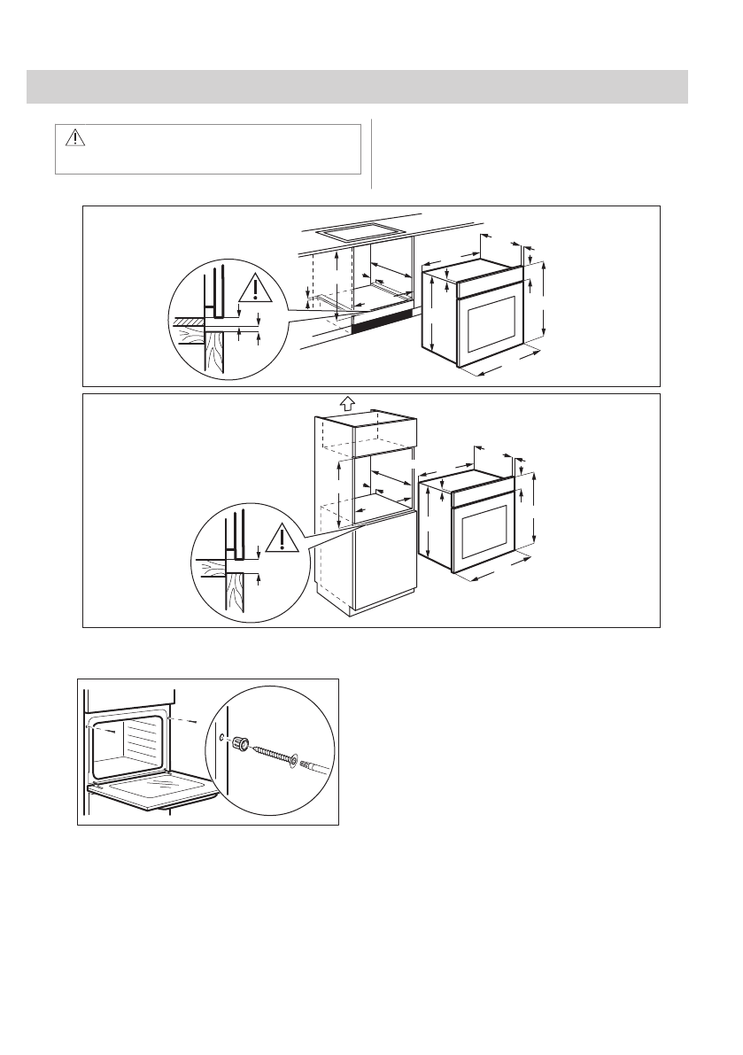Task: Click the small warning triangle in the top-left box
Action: tap(74, 137)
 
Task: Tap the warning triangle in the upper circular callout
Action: tap(255, 290)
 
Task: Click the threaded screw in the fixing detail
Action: tap(274, 756)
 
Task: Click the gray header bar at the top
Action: tap(358, 86)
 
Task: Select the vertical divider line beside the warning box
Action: tap(371, 154)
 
